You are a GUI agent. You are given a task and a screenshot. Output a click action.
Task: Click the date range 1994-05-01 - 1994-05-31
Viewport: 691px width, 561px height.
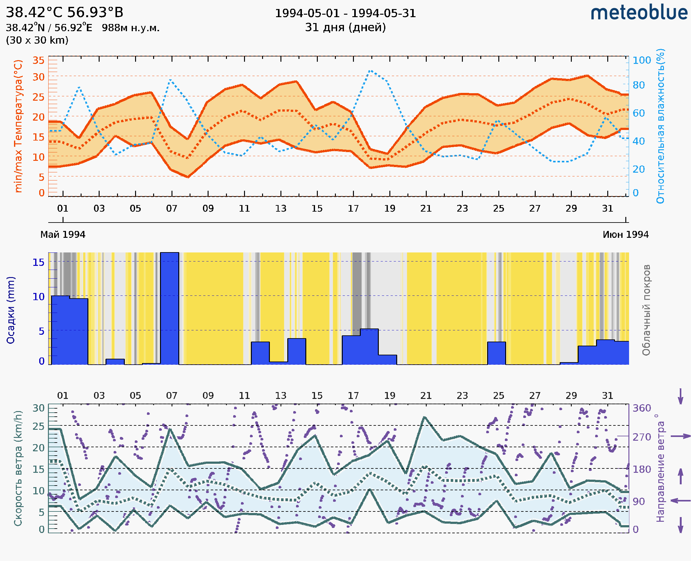point(345,13)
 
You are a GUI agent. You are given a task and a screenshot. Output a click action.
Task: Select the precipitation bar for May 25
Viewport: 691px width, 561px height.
point(496,353)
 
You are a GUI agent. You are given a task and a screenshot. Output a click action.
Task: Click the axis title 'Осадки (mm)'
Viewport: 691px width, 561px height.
point(10,310)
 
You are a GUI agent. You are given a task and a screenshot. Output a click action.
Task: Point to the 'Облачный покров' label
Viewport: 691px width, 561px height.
point(646,310)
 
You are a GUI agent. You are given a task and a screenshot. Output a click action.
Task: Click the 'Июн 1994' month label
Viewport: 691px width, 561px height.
point(626,234)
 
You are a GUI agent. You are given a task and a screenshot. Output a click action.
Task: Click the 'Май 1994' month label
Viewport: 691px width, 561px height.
point(63,234)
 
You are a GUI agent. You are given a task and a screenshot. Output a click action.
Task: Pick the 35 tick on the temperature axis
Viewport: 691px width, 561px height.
point(38,60)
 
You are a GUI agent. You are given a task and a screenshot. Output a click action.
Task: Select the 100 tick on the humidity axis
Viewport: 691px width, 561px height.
point(642,60)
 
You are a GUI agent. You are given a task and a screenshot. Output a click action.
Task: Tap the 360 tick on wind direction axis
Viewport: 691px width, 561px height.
point(642,408)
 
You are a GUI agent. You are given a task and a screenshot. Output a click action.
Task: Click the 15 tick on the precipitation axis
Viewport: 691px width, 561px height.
point(38,262)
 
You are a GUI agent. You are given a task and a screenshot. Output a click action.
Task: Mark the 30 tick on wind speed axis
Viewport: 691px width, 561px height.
point(38,408)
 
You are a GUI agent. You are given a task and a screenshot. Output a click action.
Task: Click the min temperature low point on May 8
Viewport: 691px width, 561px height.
point(188,177)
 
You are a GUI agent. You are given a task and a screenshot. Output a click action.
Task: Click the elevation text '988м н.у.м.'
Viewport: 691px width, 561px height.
point(131,28)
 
